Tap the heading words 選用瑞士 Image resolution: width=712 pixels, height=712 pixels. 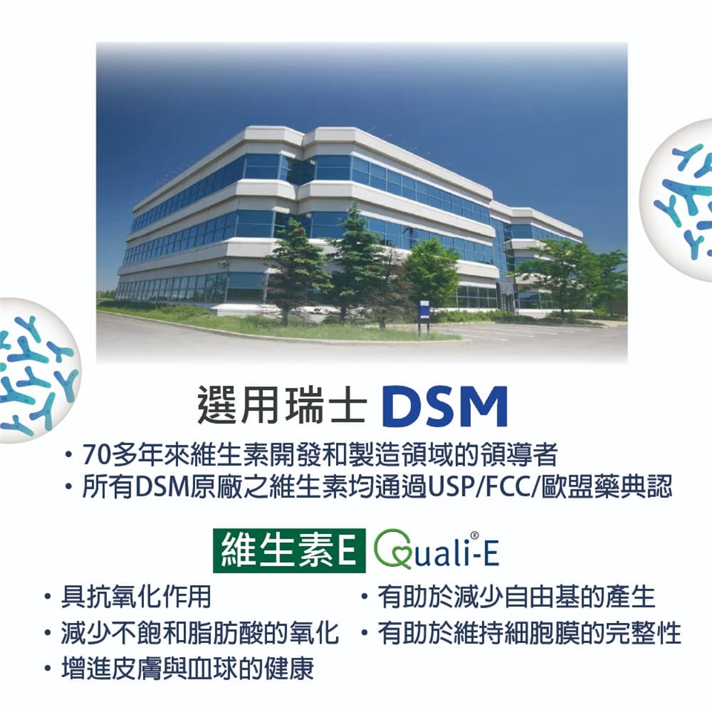click(282, 405)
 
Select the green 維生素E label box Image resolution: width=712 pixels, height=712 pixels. click(289, 550)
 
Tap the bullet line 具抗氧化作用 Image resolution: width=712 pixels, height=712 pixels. click(136, 596)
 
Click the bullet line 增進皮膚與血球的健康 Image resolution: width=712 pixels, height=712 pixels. click(188, 668)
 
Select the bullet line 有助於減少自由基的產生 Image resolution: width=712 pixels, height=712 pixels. click(516, 596)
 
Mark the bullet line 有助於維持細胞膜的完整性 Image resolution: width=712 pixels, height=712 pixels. click(530, 633)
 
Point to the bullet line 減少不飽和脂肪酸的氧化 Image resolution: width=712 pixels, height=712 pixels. click(200, 633)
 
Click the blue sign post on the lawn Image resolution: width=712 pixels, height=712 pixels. click(423, 316)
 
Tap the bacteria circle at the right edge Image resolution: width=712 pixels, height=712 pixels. click(676, 200)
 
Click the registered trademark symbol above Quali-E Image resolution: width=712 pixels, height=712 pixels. click(475, 535)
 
